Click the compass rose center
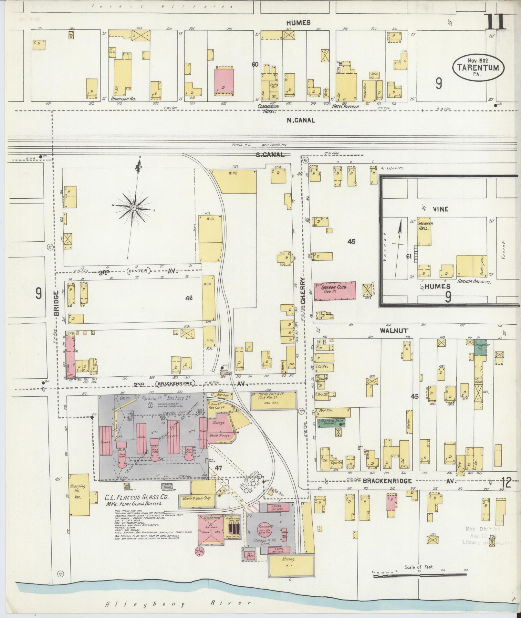tap(133, 207)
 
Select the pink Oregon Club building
tap(335, 291)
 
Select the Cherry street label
tap(303, 290)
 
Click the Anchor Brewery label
tap(474, 281)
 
